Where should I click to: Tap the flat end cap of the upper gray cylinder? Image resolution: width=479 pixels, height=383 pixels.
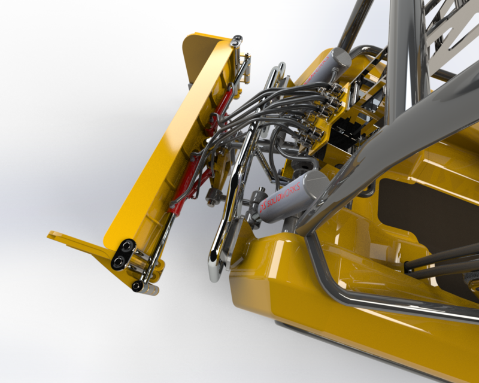(339, 58)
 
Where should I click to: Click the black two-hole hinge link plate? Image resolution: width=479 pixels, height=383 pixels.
(122, 254)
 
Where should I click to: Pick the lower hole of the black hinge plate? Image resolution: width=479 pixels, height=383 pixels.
(118, 262)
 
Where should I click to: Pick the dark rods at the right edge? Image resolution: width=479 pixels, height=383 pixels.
(443, 263)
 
